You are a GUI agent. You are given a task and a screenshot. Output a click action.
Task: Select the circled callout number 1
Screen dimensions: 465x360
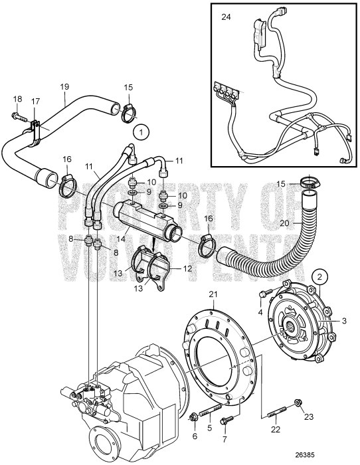click(140, 132)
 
